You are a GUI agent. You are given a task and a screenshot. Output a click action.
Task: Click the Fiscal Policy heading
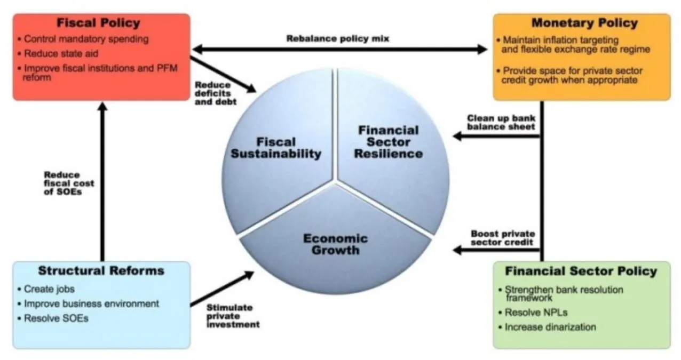coord(98,23)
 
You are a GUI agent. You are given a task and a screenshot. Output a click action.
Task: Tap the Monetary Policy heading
coord(584,23)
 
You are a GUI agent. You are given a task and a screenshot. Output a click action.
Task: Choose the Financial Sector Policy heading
coord(581,271)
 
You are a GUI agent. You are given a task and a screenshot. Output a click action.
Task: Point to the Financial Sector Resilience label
coord(389,142)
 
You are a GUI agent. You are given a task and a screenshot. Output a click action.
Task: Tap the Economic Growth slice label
coord(335,244)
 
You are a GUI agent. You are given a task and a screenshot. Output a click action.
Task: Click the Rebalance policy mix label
coord(338,39)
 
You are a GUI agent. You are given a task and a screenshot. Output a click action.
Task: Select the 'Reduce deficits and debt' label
coord(213,93)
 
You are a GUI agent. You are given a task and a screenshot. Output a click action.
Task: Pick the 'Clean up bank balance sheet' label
coord(501,122)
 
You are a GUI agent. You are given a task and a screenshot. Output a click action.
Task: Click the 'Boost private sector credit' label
coord(502,238)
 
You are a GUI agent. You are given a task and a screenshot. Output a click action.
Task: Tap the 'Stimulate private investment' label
coord(233,316)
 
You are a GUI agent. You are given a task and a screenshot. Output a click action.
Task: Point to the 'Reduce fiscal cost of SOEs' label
coord(69,183)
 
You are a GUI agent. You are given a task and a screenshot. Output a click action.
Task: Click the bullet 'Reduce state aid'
coord(61,54)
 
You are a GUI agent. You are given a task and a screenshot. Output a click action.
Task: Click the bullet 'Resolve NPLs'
coord(529,313)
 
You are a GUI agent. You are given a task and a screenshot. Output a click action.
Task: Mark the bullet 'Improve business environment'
coord(91,303)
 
